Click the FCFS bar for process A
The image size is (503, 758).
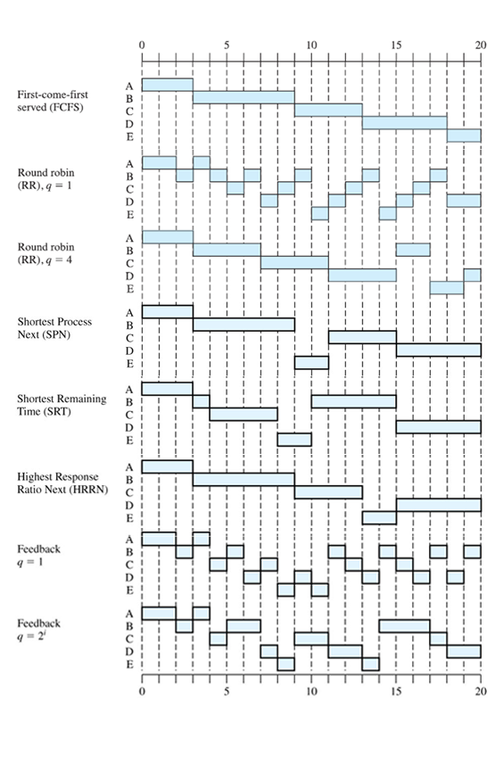(x=168, y=85)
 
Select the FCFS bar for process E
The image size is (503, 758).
(x=464, y=136)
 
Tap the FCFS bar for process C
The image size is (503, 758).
(x=328, y=111)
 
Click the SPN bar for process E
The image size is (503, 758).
(x=311, y=363)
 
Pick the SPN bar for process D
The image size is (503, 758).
(x=439, y=350)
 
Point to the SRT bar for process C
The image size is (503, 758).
(x=243, y=415)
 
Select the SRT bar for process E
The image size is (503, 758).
(x=294, y=440)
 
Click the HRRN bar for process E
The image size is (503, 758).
(x=379, y=518)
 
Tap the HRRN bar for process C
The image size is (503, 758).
(x=328, y=492)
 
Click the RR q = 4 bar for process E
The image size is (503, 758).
(x=447, y=288)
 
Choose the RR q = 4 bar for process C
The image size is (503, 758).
(x=294, y=262)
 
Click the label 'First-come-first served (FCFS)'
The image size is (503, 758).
(x=53, y=101)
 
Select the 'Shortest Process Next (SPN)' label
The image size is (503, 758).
(x=54, y=328)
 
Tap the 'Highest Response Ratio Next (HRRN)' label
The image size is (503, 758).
(x=62, y=483)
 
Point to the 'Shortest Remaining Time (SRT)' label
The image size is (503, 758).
(x=62, y=405)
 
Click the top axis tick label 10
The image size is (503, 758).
(x=311, y=45)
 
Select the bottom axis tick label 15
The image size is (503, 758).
(x=396, y=691)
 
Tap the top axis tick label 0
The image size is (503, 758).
(x=142, y=45)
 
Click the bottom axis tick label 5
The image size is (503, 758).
(x=227, y=691)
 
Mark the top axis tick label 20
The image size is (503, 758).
(x=481, y=45)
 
